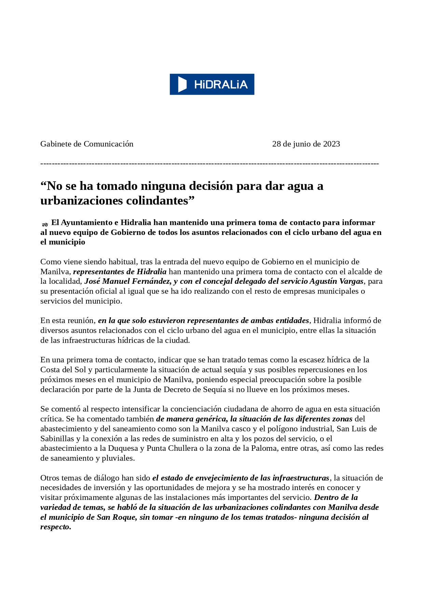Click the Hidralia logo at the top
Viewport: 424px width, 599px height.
coord(212,84)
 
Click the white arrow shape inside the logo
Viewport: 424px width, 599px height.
coord(182,84)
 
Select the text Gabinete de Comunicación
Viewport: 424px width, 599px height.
coord(87,144)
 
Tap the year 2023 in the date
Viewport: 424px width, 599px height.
coord(331,144)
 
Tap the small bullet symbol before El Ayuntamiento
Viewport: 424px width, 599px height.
coord(45,224)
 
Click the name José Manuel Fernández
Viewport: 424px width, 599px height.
coord(128,281)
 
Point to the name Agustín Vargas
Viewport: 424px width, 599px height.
coord(336,281)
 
